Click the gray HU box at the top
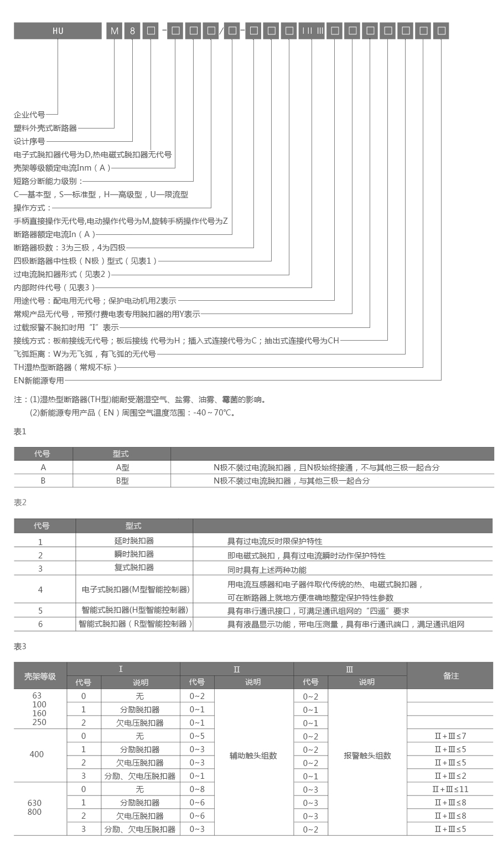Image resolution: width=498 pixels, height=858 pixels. tap(58, 31)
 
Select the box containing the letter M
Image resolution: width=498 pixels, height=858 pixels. tap(115, 31)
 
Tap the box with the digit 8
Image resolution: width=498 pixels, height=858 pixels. tap(132, 31)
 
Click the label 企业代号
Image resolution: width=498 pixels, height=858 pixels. tap(29, 115)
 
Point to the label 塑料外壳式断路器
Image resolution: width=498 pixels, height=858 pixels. tap(45, 128)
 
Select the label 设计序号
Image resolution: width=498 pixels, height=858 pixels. tap(29, 141)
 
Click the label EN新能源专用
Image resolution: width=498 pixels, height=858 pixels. tap(39, 381)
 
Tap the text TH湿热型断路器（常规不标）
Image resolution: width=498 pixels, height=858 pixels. tap(65, 367)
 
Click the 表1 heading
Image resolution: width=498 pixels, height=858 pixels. tap(20, 431)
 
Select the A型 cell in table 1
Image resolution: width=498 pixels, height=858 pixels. tap(122, 467)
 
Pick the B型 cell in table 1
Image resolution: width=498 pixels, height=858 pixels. tap(122, 481)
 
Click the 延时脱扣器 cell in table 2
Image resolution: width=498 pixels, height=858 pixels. tap(134, 541)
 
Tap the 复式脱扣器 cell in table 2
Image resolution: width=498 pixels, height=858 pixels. tap(134, 567)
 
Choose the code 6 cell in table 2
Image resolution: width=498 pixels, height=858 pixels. tap(40, 624)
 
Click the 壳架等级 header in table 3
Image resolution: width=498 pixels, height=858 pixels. tap(40, 676)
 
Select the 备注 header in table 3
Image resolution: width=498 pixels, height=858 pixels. tap(451, 676)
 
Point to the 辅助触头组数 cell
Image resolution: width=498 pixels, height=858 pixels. tap(253, 756)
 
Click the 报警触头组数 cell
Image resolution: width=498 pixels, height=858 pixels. tap(367, 756)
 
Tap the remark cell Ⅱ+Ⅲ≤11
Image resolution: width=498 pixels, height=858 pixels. tap(450, 789)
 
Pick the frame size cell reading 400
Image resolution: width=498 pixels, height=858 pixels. tap(37, 754)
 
